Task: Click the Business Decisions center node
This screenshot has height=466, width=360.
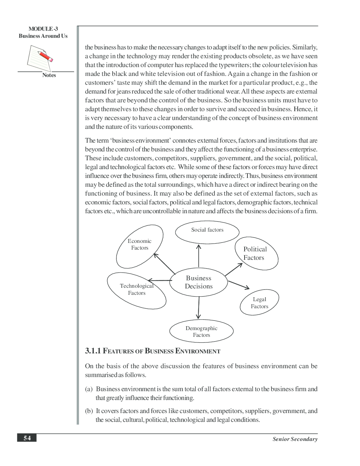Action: pos(198,282)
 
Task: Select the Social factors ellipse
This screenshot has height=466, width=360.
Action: pos(207,232)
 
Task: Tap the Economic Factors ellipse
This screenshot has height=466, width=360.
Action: pos(140,246)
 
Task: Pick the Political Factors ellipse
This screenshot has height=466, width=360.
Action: pos(256,253)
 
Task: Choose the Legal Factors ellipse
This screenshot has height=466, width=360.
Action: pos(259,303)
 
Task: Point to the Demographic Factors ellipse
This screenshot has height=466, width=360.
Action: pos(201,331)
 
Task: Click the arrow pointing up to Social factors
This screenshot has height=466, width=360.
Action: pos(199,256)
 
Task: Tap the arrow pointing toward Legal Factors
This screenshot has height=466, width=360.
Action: pos(239,285)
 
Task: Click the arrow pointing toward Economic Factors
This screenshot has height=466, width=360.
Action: pos(164,263)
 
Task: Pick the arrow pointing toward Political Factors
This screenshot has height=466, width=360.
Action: pos(234,269)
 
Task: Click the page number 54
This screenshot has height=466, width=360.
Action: pos(27,438)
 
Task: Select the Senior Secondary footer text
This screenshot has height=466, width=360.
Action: pos(295,439)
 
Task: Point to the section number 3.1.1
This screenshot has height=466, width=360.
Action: pos(93,351)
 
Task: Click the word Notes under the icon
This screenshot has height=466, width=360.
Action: pos(49,75)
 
